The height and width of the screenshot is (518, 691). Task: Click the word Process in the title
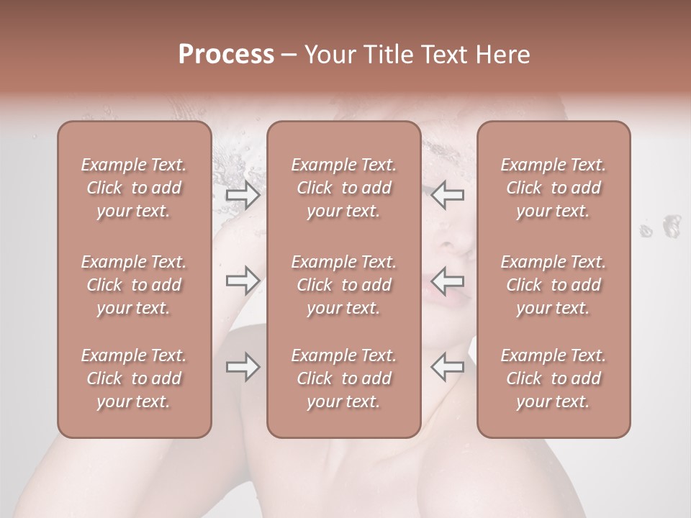(226, 55)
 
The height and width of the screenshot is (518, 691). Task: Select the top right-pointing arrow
(243, 195)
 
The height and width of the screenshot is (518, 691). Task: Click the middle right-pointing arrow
(243, 281)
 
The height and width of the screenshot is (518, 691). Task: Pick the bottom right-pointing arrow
(243, 367)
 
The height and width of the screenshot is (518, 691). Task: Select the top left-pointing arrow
(447, 195)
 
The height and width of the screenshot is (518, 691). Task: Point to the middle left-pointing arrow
(447, 281)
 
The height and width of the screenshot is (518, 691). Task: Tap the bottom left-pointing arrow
(447, 367)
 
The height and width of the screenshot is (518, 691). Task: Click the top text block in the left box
(134, 188)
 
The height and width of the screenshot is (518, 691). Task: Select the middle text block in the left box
(134, 285)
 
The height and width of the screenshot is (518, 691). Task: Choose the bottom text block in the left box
(134, 378)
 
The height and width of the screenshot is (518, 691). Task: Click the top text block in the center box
(344, 188)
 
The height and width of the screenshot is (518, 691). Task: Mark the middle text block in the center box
(344, 285)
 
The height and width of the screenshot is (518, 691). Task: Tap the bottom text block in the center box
(344, 378)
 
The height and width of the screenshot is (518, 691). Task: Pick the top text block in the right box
(554, 188)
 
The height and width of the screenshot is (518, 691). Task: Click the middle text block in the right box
(554, 285)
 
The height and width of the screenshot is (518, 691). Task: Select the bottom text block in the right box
(554, 378)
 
